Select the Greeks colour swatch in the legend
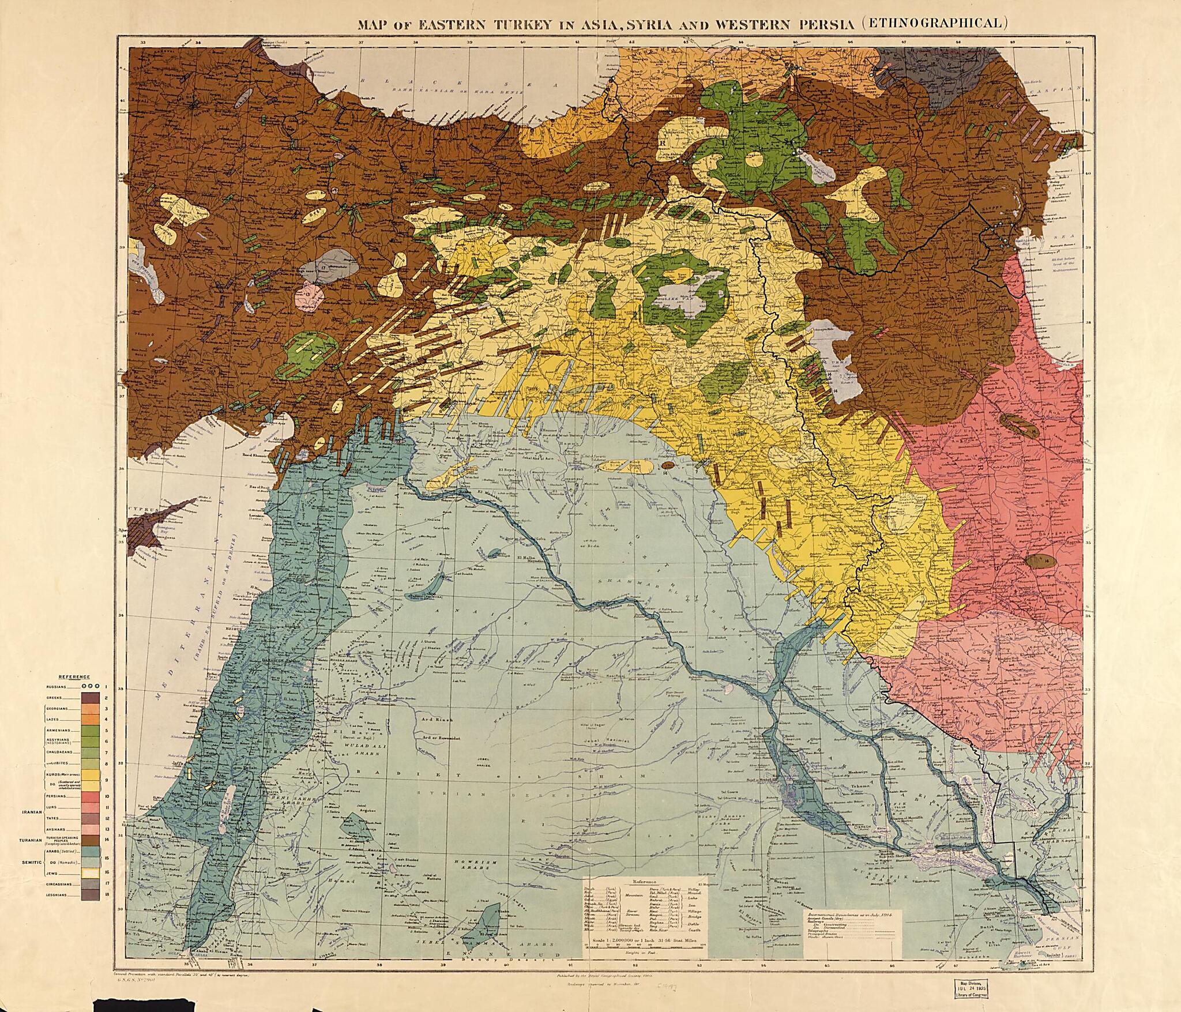point(91,698)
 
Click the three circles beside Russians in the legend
point(91,686)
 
